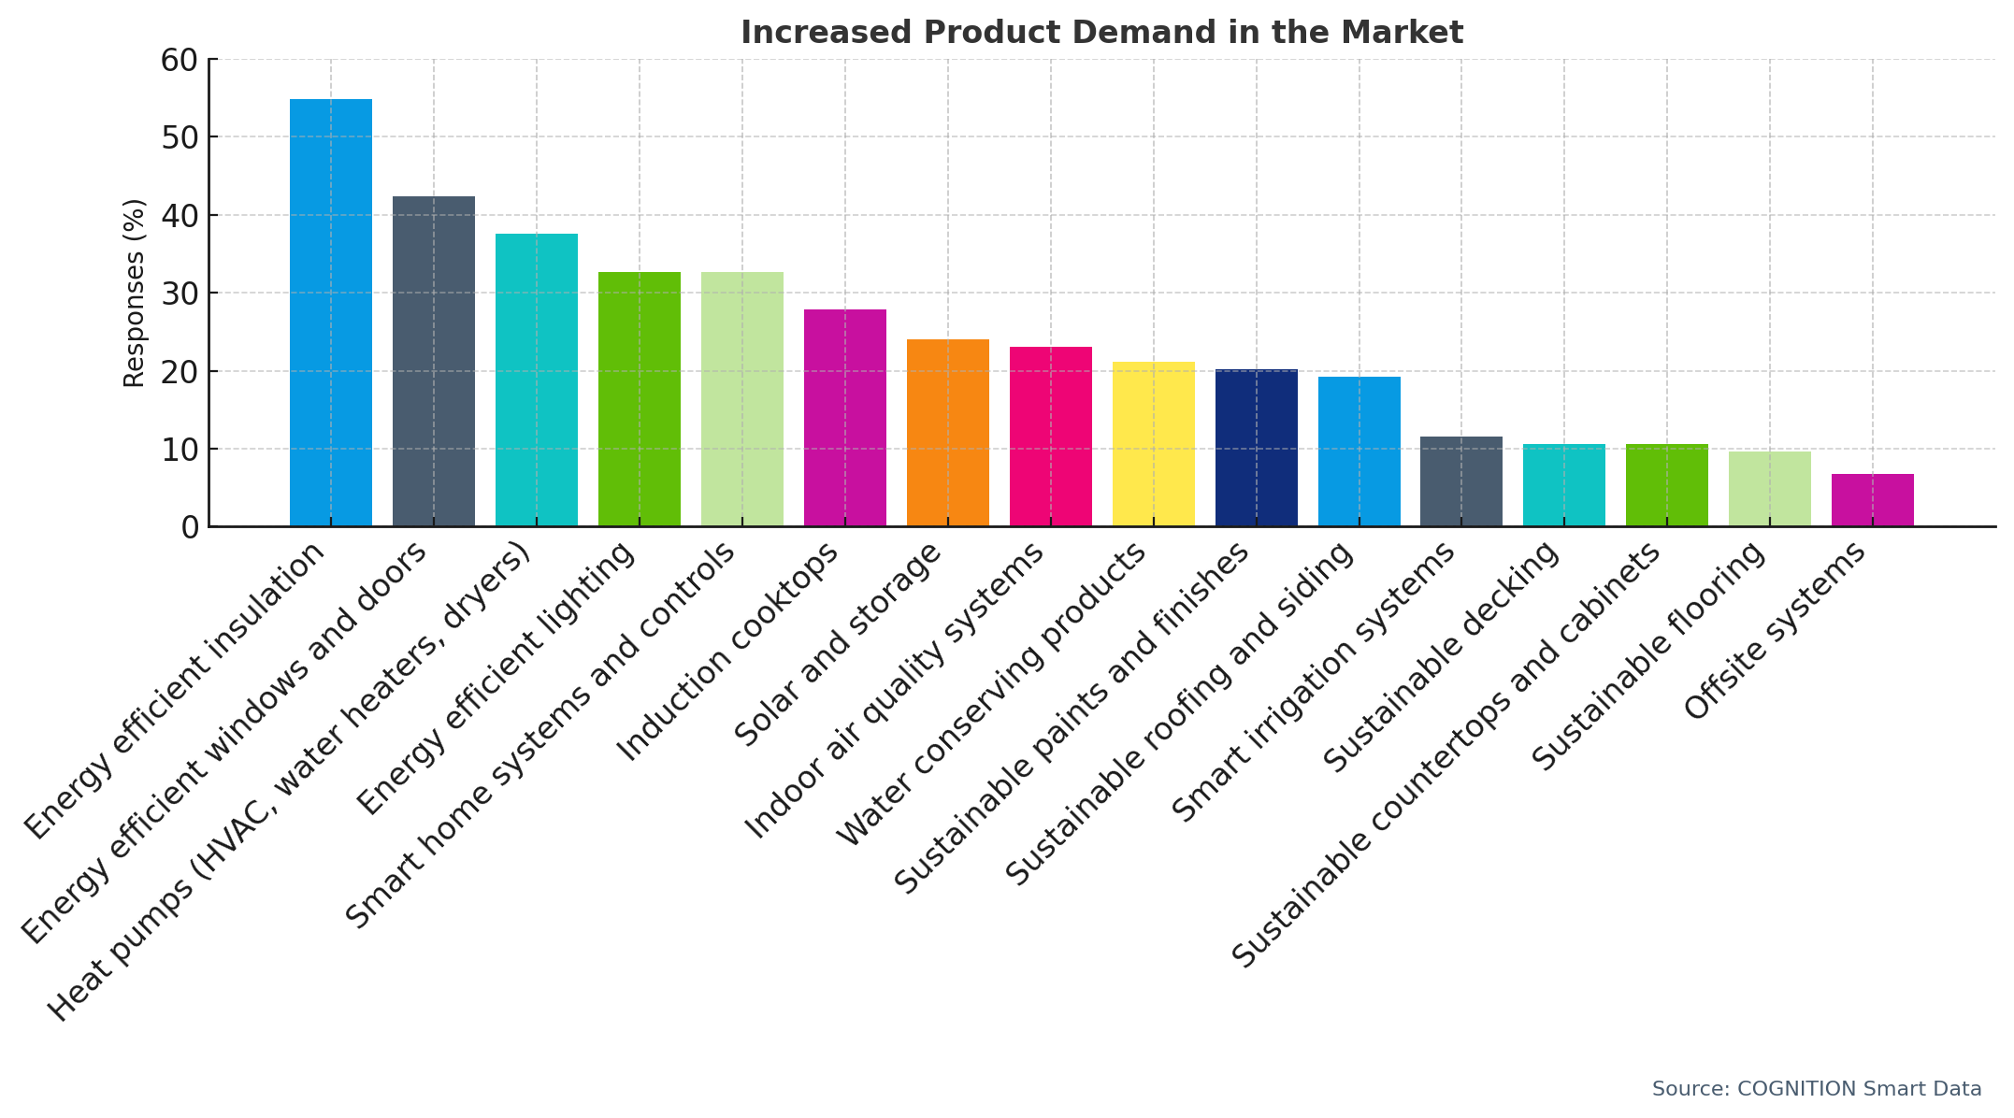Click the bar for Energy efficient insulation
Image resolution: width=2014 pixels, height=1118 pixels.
point(330,313)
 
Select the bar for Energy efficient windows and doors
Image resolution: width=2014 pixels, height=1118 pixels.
point(433,362)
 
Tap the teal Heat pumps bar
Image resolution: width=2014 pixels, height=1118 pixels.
point(536,380)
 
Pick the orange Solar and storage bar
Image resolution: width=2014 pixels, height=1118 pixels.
point(947,433)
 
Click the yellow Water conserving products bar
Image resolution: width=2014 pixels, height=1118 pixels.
point(1153,444)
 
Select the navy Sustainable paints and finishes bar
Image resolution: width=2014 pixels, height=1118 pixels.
point(1256,448)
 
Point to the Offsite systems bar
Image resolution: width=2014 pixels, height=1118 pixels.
point(1872,500)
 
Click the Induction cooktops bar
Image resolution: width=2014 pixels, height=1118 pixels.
point(844,418)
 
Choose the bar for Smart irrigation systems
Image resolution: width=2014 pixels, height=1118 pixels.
point(1460,481)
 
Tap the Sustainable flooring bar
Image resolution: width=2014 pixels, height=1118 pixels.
point(1769,489)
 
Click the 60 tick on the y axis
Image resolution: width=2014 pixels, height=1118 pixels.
point(180,60)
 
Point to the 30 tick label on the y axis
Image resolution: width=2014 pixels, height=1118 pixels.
point(180,294)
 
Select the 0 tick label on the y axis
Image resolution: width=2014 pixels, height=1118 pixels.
point(190,527)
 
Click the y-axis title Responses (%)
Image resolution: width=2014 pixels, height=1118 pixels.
point(135,293)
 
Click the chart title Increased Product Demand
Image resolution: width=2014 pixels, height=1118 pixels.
point(1101,33)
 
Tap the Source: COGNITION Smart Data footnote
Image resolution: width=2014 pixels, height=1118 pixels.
point(1816,1089)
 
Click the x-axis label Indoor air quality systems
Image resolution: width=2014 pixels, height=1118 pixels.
point(893,692)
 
